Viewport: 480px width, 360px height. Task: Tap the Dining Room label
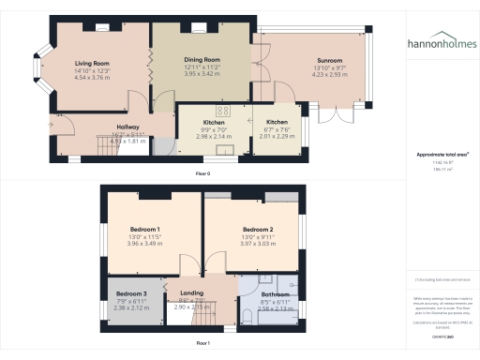pos(201,59)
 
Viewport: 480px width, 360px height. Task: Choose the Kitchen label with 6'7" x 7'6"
pos(277,122)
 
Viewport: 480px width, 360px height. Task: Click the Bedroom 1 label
pos(144,230)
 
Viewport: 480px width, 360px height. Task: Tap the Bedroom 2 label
pos(257,230)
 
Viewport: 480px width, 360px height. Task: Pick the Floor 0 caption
pos(202,174)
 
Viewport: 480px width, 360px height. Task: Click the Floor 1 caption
pos(202,343)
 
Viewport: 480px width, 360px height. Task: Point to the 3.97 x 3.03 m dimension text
pos(257,244)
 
